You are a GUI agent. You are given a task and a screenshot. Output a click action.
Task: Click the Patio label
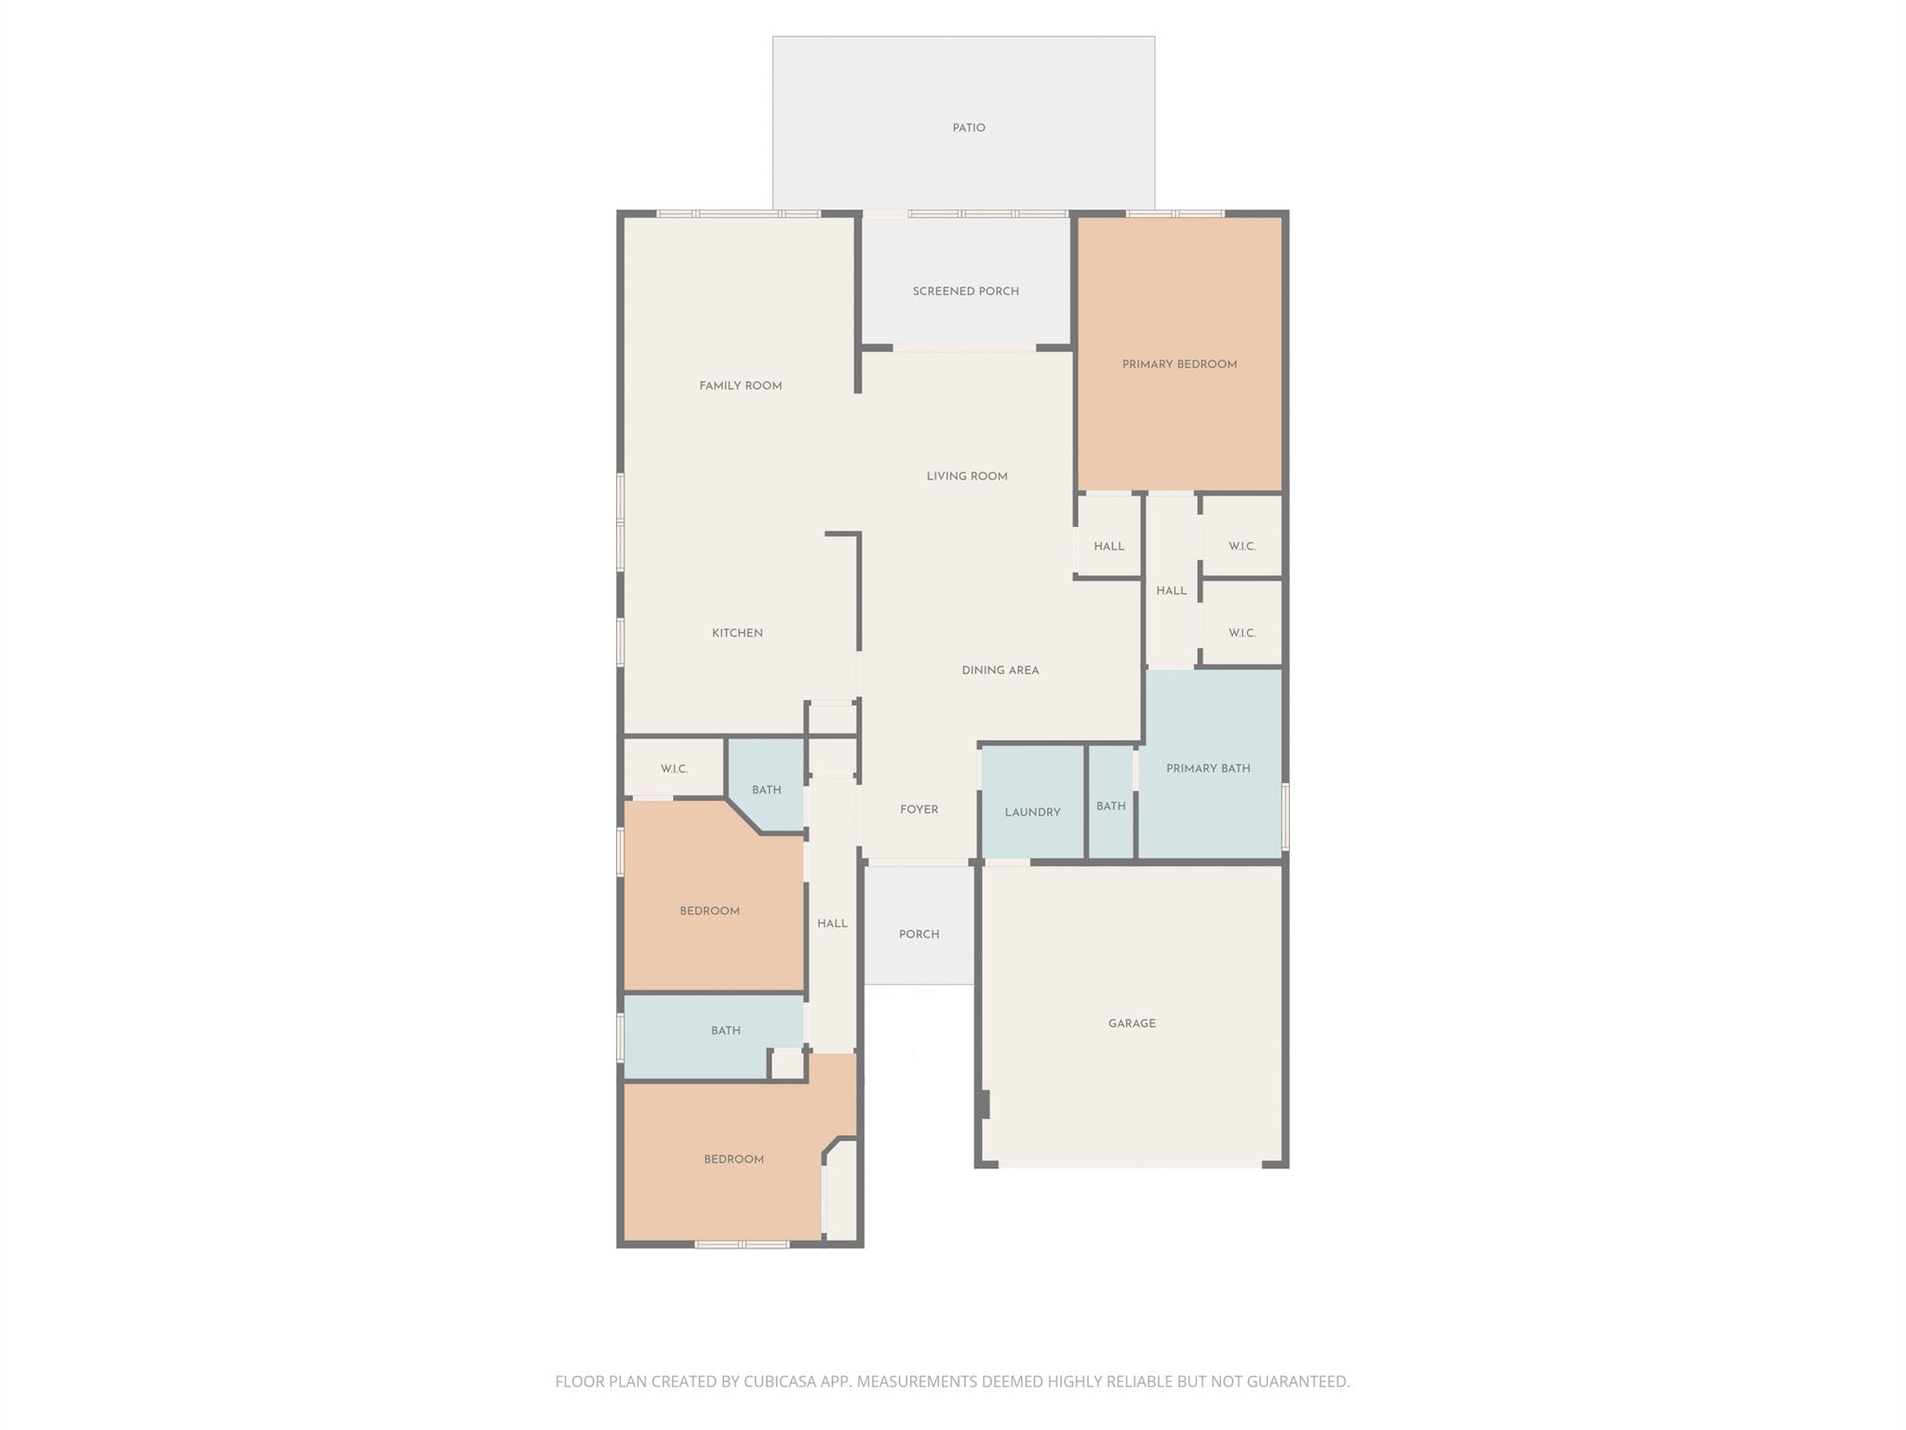[x=968, y=128]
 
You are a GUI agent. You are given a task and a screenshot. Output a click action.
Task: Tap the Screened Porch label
[x=965, y=291]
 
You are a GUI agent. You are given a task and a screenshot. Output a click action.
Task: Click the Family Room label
[x=740, y=386]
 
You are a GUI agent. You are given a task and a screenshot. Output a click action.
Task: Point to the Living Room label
[x=966, y=477]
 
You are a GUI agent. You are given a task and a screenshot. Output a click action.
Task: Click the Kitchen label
[x=737, y=633]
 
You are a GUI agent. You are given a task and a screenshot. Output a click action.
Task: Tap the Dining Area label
[x=1000, y=670]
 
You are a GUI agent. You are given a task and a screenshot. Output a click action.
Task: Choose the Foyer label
[x=919, y=810]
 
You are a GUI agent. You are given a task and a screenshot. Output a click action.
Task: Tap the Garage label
[x=1132, y=1023]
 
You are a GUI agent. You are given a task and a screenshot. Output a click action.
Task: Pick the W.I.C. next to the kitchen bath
[x=674, y=769]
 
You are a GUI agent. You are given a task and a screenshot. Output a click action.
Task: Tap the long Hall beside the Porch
[x=832, y=924]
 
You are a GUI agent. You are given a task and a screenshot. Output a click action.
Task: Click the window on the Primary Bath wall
[x=1285, y=816]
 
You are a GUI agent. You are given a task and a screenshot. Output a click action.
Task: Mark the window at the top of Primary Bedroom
[x=1174, y=214]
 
